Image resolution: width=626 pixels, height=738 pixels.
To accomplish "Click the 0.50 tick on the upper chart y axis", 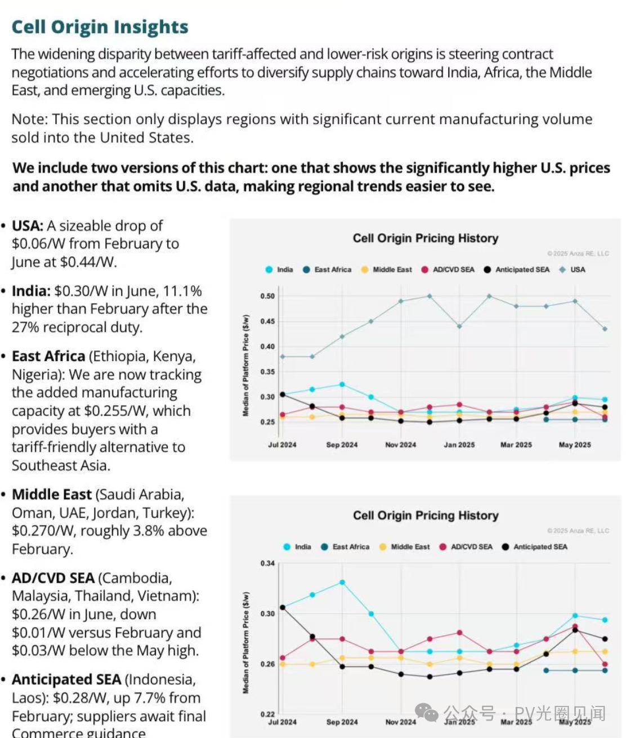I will [267, 296].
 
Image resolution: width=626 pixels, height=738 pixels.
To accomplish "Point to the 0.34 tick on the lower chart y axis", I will [267, 563].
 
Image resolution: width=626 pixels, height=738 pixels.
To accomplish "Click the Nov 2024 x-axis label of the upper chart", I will [400, 445].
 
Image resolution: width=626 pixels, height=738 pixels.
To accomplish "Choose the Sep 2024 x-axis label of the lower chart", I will [342, 722].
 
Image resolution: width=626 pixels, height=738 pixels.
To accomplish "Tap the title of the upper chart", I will [426, 238].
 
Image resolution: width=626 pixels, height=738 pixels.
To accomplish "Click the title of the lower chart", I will [426, 515].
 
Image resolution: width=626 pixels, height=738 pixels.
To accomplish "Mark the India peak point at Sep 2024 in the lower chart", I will [342, 583].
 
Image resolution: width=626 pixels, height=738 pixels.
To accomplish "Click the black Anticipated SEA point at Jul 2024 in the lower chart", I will [283, 608].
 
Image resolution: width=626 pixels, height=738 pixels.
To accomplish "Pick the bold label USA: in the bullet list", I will [28, 226].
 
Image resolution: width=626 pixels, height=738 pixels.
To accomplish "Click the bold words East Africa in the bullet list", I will [48, 357].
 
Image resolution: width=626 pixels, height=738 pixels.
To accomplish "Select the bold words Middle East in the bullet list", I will [51, 495].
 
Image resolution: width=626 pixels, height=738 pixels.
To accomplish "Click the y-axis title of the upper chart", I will [245, 366].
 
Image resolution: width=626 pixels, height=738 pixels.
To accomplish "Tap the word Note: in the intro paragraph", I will [30, 119].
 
